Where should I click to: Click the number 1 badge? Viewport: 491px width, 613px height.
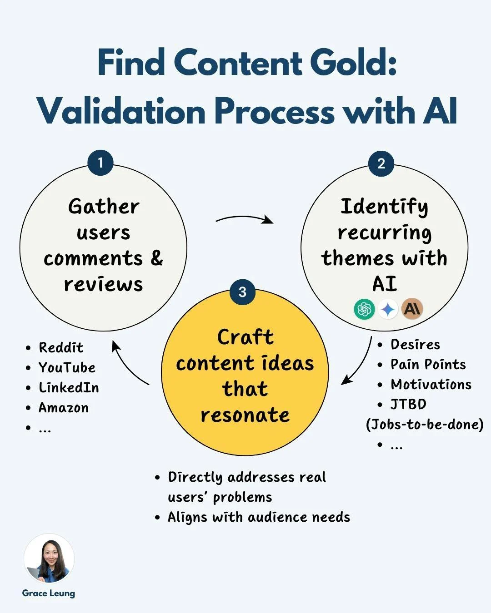(100, 163)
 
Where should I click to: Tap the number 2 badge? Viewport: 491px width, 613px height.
(381, 163)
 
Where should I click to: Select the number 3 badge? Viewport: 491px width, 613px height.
(242, 292)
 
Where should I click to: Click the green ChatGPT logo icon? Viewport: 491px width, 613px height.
(364, 309)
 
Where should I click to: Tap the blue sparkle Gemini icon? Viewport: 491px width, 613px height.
(388, 309)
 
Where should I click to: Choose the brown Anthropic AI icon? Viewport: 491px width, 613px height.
(412, 309)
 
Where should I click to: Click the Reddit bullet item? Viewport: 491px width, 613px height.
(61, 348)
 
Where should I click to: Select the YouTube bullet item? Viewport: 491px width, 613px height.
(67, 368)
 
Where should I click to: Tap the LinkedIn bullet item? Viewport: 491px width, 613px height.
(69, 388)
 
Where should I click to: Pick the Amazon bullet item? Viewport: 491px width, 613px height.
(64, 408)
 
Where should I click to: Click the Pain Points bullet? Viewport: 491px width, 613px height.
(428, 365)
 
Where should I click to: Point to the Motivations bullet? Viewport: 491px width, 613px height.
(431, 385)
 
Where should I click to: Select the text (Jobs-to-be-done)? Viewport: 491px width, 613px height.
(425, 425)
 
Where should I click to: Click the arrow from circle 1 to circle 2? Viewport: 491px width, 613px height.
(245, 219)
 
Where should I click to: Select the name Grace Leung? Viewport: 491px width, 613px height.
(49, 593)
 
